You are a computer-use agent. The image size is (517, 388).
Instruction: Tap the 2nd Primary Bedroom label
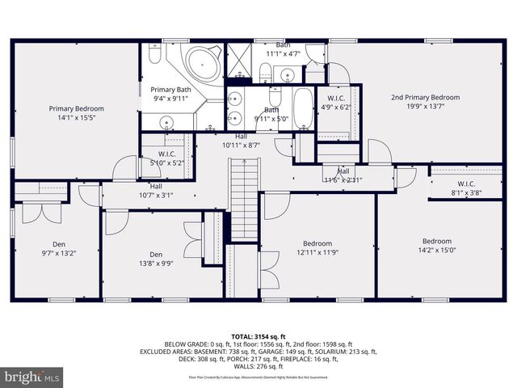pyautogui.click(x=426, y=102)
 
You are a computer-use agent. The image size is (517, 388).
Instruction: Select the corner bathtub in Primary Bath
pyautogui.click(x=200, y=63)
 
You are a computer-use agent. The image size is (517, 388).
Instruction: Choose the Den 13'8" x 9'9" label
pyautogui.click(x=155, y=257)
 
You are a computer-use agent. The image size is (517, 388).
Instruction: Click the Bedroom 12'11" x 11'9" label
pyautogui.click(x=317, y=248)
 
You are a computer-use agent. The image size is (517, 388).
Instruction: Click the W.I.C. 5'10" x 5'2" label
pyautogui.click(x=167, y=158)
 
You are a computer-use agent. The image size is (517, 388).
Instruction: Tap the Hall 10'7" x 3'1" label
pyautogui.click(x=155, y=190)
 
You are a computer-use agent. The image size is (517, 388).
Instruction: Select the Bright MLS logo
pyautogui.click(x=33, y=377)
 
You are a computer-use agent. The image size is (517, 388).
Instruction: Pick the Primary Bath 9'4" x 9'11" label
pyautogui.click(x=170, y=94)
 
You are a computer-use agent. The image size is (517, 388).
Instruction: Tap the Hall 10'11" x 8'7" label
pyautogui.click(x=242, y=141)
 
